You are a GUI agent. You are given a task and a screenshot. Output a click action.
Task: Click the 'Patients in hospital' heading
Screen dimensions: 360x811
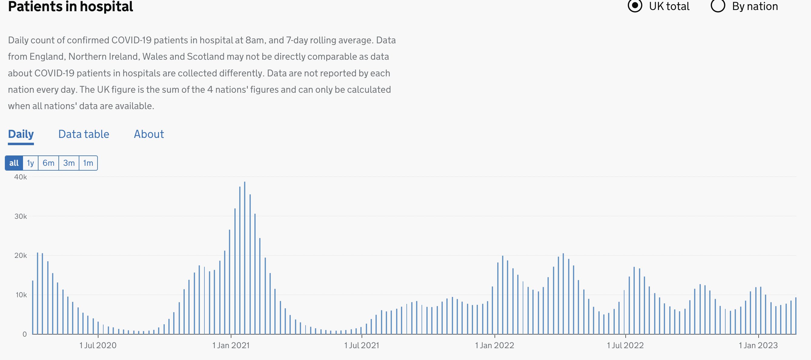click(71, 6)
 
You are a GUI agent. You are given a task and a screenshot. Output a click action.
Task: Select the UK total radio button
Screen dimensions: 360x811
click(635, 6)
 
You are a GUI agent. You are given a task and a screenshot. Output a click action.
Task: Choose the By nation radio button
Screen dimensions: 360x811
click(718, 6)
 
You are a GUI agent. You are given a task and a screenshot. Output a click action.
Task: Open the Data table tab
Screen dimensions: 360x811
click(84, 134)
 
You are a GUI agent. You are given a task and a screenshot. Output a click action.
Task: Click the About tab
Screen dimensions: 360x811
click(149, 134)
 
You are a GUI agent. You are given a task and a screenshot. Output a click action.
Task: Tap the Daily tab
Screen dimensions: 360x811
click(21, 134)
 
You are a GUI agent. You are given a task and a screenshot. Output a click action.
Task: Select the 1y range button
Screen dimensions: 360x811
click(30, 163)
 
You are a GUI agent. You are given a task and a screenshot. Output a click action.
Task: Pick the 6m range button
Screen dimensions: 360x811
click(48, 163)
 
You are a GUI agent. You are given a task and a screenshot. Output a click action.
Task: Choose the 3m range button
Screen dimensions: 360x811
click(69, 163)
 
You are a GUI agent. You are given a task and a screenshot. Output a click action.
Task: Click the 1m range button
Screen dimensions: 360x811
click(88, 163)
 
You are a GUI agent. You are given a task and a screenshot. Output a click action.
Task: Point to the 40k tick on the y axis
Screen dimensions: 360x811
click(21, 177)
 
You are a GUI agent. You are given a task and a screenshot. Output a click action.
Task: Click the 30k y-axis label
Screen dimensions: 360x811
click(21, 216)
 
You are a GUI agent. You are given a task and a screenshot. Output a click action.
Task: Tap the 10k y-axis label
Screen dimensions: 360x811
click(21, 295)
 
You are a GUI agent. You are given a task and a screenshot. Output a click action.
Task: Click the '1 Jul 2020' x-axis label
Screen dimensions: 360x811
click(98, 345)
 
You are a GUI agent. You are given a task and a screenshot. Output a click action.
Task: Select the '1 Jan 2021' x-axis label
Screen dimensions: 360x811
click(231, 345)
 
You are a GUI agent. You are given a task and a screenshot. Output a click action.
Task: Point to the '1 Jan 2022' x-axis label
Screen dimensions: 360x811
click(494, 345)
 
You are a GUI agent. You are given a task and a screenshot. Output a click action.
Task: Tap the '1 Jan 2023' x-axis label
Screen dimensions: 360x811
click(758, 345)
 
